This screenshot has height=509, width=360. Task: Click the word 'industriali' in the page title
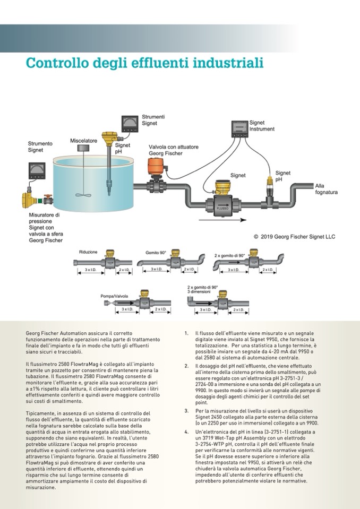click(x=229, y=64)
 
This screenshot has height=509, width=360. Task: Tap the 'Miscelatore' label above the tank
click(x=83, y=141)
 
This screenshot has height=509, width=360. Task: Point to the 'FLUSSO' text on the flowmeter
click(x=222, y=209)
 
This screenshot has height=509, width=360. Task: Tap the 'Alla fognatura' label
click(x=326, y=189)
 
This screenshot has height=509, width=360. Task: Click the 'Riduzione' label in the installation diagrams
click(x=88, y=252)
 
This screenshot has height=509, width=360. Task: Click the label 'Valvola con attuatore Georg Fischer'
click(x=165, y=150)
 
